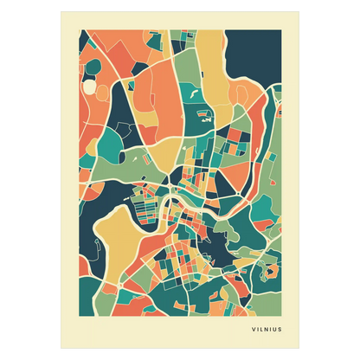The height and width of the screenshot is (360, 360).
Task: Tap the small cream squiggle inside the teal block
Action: tap(195, 87)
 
